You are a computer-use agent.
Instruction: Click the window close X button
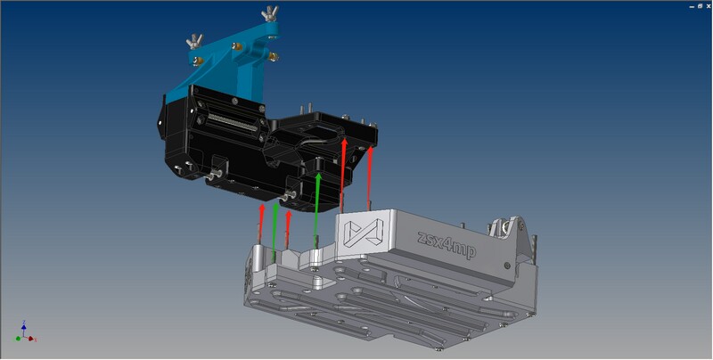point(708,6)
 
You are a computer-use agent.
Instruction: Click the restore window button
point(701,6)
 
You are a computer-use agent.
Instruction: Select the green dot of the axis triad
point(18,339)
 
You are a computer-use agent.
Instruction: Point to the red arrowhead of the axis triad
point(31,339)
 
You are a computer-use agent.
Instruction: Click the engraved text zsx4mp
point(447,244)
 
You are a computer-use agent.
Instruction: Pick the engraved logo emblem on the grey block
point(364,232)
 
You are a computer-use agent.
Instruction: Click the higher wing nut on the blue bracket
point(270,14)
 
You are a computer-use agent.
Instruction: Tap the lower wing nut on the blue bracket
point(194,41)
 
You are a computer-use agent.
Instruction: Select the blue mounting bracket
point(227,63)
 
